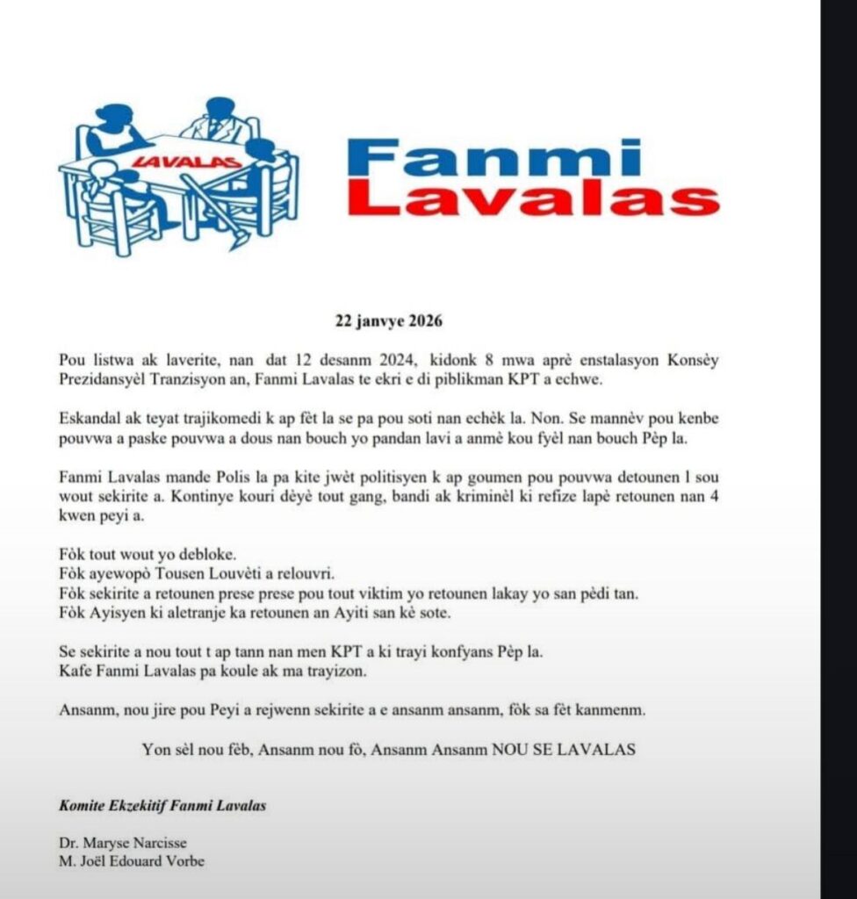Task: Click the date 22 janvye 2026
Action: click(389, 320)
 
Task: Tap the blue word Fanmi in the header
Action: click(494, 157)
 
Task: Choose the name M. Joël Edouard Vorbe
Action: click(132, 861)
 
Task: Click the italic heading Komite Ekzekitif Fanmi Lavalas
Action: click(162, 805)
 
